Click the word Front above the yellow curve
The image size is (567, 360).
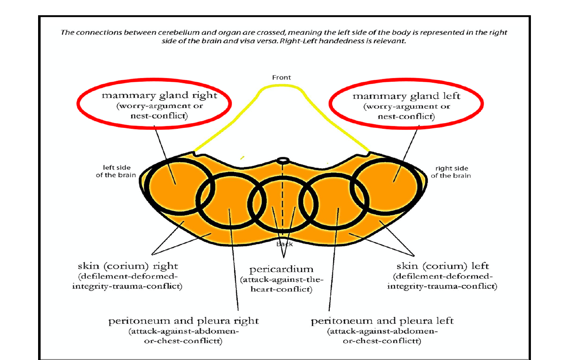coord(281,77)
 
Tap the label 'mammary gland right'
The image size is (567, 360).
coord(159,95)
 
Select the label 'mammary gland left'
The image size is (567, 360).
coord(406,96)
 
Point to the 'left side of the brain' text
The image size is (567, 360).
coord(116,171)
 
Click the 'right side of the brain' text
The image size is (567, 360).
coord(451,172)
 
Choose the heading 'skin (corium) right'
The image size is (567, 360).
coord(128,266)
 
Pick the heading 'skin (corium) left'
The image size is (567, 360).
coord(442,266)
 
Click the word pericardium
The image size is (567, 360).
coord(281,269)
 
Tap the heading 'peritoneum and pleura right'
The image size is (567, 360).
coord(183,321)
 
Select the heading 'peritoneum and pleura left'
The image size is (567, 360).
coord(382,321)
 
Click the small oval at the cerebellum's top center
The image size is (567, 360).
coord(283,161)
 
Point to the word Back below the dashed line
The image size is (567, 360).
coord(284,244)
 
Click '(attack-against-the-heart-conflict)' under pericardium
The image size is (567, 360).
coord(281,284)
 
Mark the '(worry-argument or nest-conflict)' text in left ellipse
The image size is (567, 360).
coord(159,111)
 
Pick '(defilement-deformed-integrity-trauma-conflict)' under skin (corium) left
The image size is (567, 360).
coord(442,281)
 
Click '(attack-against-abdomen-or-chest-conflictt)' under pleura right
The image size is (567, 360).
coord(183,336)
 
